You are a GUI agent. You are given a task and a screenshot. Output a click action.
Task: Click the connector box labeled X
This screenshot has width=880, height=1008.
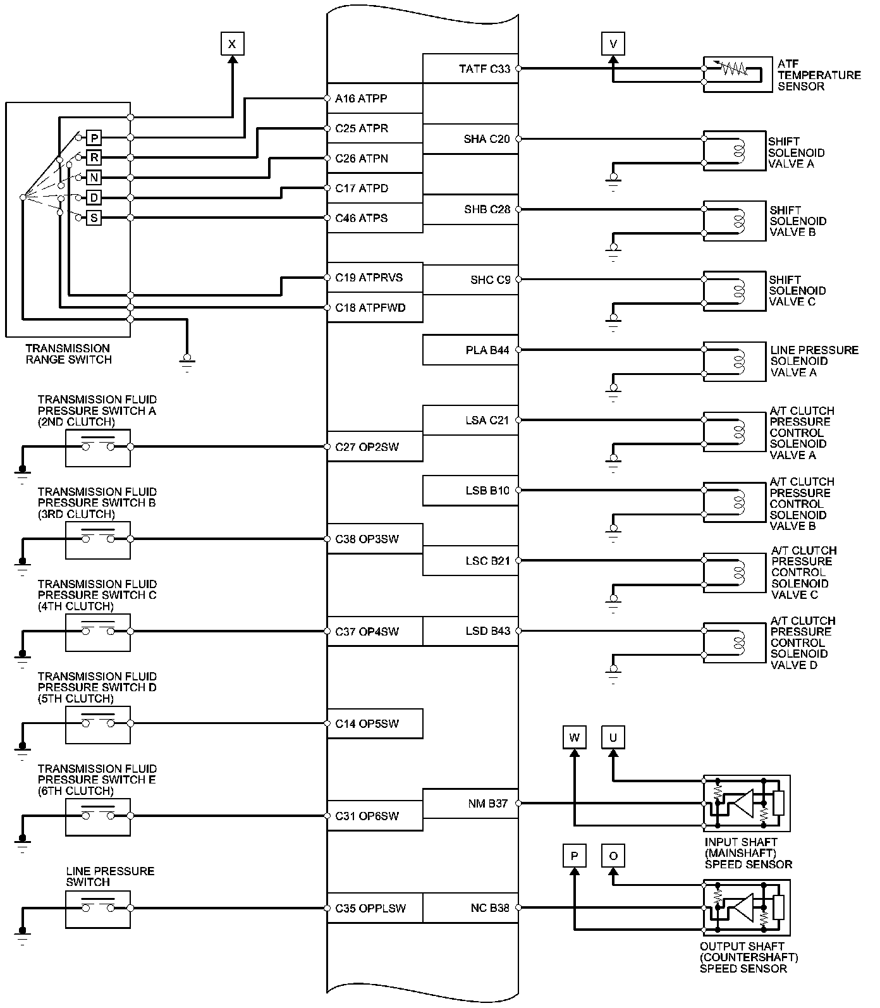pyautogui.click(x=233, y=44)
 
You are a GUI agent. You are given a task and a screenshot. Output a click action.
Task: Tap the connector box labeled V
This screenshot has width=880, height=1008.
pyautogui.click(x=613, y=44)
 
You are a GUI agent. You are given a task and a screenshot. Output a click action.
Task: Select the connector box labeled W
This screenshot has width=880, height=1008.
pyautogui.click(x=574, y=737)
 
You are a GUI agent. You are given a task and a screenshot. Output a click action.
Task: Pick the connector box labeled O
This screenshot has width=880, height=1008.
pyautogui.click(x=613, y=856)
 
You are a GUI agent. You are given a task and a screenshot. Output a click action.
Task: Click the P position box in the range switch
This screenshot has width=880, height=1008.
pyautogui.click(x=94, y=138)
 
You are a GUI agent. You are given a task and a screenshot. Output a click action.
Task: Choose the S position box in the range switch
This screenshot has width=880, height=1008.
pyautogui.click(x=94, y=218)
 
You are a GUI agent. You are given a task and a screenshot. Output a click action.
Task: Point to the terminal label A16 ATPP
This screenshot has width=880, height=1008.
pyautogui.click(x=361, y=99)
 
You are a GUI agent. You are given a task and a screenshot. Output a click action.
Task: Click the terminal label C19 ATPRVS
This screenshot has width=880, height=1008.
pyautogui.click(x=369, y=278)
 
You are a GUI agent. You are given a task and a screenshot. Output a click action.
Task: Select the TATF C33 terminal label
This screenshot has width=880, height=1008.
pyautogui.click(x=484, y=69)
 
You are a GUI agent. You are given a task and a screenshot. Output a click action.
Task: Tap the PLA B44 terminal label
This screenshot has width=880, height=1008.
pyautogui.click(x=487, y=350)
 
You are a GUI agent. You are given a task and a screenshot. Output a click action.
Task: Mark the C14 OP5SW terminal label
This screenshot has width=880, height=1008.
pyautogui.click(x=367, y=723)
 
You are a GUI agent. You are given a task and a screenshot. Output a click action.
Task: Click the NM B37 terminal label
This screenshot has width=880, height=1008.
pyautogui.click(x=487, y=804)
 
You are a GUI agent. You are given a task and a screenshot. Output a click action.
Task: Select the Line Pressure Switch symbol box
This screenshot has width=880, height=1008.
pyautogui.click(x=98, y=909)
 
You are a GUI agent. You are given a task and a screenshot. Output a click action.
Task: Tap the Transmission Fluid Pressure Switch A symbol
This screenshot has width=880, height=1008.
pyautogui.click(x=98, y=447)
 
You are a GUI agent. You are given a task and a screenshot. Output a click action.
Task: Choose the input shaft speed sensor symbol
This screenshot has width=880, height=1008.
pyautogui.click(x=747, y=803)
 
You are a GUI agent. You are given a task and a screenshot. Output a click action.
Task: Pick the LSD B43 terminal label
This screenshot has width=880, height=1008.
pyautogui.click(x=487, y=631)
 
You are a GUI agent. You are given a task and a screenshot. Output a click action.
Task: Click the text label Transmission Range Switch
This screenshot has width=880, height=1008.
pyautogui.click(x=68, y=354)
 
